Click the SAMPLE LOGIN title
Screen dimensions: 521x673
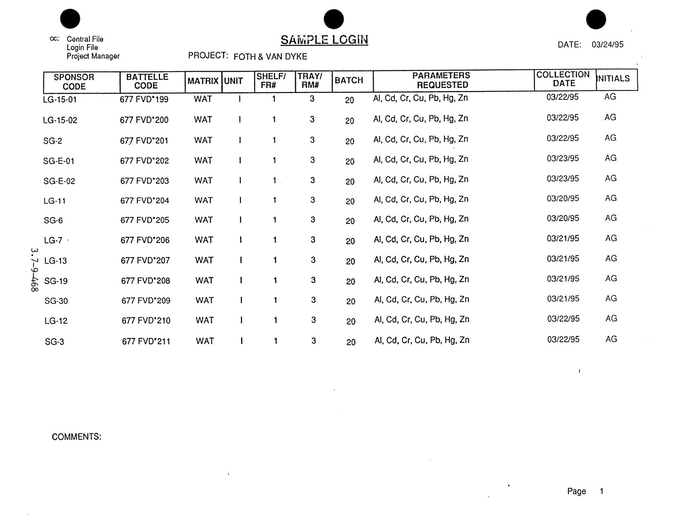[x=324, y=40]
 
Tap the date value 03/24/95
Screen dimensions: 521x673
[x=607, y=45]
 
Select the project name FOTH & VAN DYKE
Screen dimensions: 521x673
[x=270, y=57]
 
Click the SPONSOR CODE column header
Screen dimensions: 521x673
[x=74, y=82]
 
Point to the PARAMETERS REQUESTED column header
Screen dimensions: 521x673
[x=442, y=80]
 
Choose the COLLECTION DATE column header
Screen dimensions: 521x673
[x=563, y=79]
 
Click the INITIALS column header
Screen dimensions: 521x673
[x=613, y=79]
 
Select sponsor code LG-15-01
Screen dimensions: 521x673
[x=60, y=100]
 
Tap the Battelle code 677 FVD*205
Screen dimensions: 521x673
[x=145, y=220]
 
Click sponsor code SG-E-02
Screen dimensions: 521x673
[x=59, y=181]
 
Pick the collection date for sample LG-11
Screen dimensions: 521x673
[x=563, y=199]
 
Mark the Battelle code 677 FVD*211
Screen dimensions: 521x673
[x=146, y=341]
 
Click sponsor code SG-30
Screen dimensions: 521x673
[x=56, y=301]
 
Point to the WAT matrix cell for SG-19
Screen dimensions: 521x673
[x=204, y=281]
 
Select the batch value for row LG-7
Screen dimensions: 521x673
[x=350, y=241]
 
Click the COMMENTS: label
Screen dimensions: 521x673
[x=76, y=437]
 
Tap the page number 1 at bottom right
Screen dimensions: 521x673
[x=601, y=491]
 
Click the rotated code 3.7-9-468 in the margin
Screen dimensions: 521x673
[x=34, y=270]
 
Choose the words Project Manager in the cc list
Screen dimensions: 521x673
[x=93, y=56]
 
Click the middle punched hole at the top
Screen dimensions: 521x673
[x=334, y=19]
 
